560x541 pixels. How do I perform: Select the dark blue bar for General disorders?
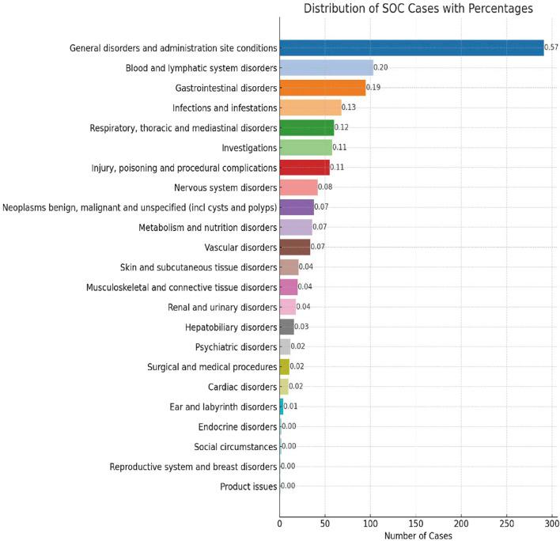coord(411,48)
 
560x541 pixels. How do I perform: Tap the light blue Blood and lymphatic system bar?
coord(326,68)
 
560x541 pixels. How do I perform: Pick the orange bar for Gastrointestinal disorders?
coord(323,88)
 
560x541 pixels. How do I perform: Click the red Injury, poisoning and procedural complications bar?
coord(305,168)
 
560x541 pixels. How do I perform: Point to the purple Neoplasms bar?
coord(297,208)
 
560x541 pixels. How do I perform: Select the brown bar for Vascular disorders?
coord(295,248)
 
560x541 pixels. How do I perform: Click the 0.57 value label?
coord(551,48)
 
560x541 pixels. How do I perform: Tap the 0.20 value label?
coord(380,68)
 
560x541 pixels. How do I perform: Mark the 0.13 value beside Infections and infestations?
coord(349,108)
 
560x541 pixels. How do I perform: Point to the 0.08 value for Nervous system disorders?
coord(325,187)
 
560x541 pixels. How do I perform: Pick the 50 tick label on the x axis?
coord(325,523)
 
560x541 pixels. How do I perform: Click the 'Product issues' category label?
coord(248,486)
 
